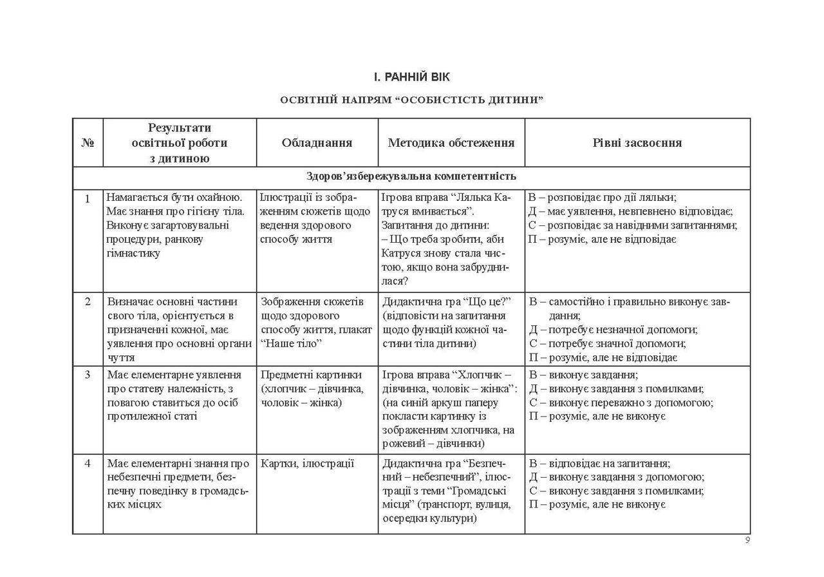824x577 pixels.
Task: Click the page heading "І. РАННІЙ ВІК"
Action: (412, 77)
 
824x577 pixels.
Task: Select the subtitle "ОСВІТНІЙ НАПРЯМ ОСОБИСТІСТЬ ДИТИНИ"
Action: (412, 100)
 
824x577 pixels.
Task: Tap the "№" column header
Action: (88, 143)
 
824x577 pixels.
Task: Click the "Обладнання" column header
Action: (317, 143)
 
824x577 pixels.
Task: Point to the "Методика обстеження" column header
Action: (451, 143)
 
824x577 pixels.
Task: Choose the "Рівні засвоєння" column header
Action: (637, 143)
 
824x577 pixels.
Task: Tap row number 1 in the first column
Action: (88, 198)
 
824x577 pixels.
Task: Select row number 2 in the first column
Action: (88, 301)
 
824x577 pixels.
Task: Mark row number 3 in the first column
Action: (88, 375)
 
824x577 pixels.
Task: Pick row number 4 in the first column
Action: (88, 463)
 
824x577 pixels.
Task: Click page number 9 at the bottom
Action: (747, 540)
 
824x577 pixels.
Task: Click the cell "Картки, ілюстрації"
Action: (308, 463)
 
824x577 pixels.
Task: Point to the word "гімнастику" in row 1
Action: (133, 253)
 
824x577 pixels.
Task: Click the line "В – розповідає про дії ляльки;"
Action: (603, 198)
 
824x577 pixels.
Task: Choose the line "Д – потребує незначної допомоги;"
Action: (613, 330)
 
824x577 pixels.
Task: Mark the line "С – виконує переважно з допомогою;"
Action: (621, 402)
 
